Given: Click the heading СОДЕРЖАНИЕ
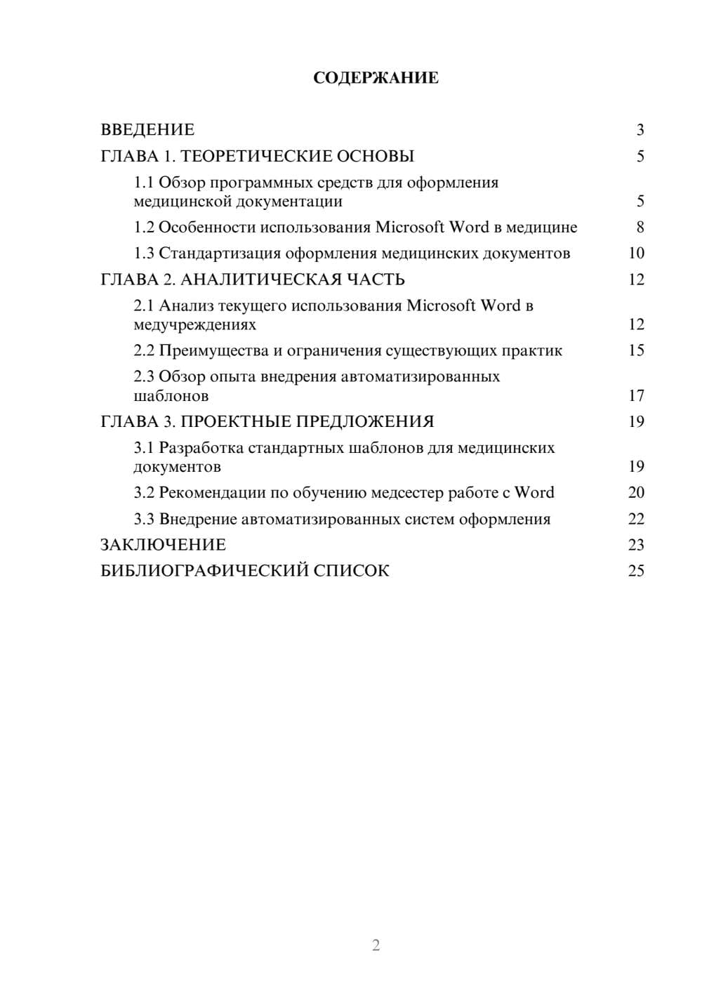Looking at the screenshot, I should [x=376, y=78].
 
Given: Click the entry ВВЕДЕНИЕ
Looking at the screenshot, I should [x=147, y=130].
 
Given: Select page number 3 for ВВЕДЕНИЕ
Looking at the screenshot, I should [x=640, y=130].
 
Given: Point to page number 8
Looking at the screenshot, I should [x=640, y=228].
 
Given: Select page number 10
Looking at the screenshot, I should [x=636, y=254].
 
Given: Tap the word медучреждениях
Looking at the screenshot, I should [x=194, y=325].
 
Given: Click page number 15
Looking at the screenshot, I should [x=636, y=350].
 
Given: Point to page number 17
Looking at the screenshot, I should [x=636, y=396].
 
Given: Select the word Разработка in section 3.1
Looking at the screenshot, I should [x=201, y=448].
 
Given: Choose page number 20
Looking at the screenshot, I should [x=636, y=493].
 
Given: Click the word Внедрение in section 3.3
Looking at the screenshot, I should [x=197, y=520].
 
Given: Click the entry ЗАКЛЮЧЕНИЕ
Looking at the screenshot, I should [x=163, y=545].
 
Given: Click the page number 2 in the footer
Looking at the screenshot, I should [x=376, y=945].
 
